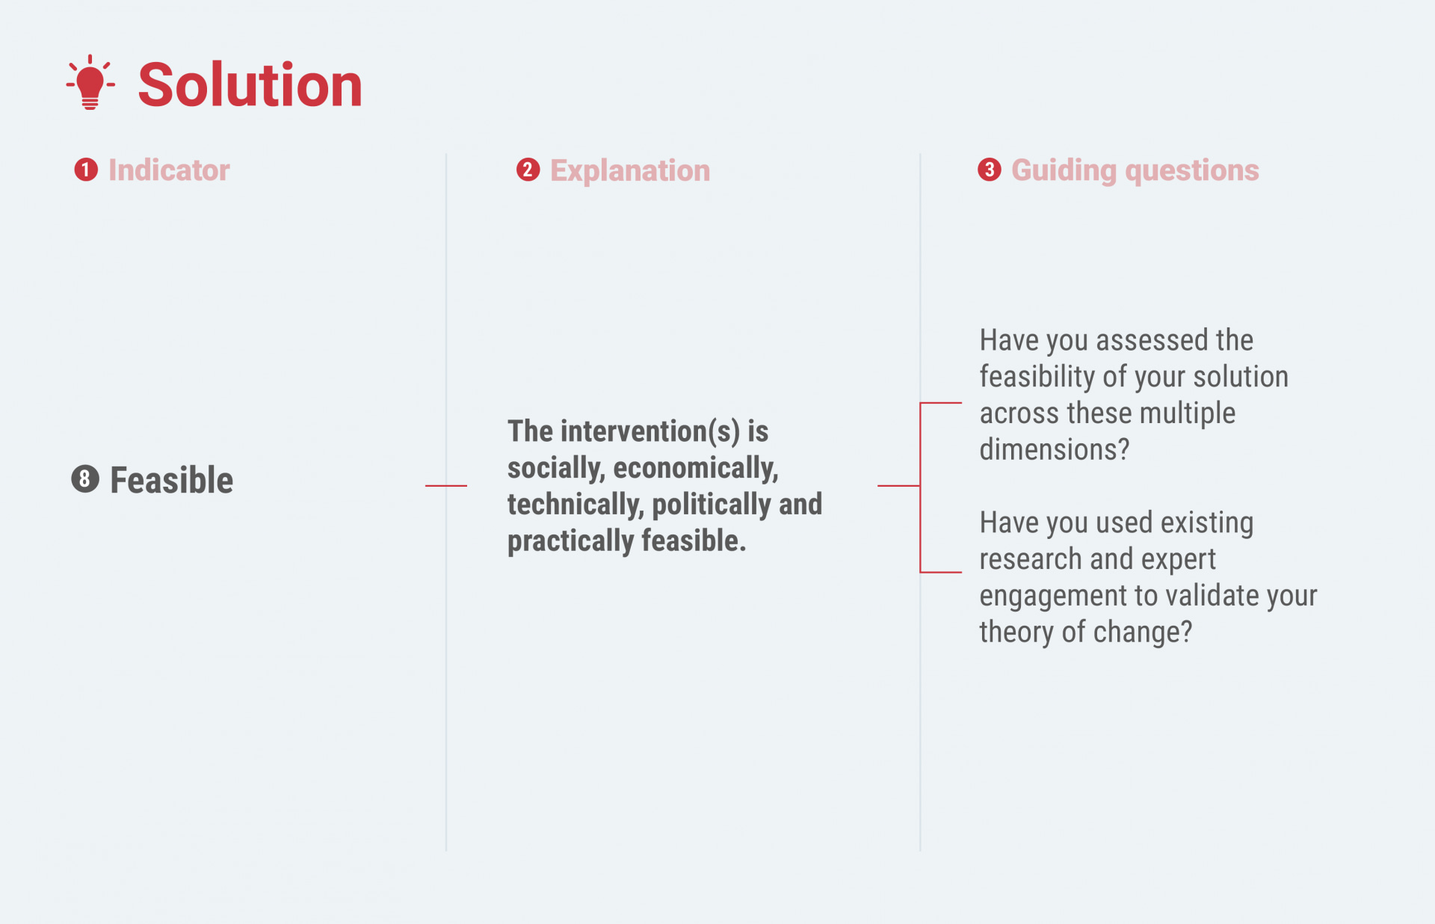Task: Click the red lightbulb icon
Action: [90, 82]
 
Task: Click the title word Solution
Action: [250, 85]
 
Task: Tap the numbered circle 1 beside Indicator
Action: [86, 170]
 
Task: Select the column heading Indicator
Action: [169, 170]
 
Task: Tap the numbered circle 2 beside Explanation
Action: [528, 170]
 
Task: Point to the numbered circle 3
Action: [990, 170]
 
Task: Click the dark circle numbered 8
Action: [85, 478]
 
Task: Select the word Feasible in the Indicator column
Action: [172, 480]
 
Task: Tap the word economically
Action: [696, 468]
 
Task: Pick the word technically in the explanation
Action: [575, 505]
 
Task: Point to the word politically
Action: [712, 505]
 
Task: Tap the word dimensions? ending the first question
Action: [1055, 450]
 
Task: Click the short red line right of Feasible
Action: [446, 486]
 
